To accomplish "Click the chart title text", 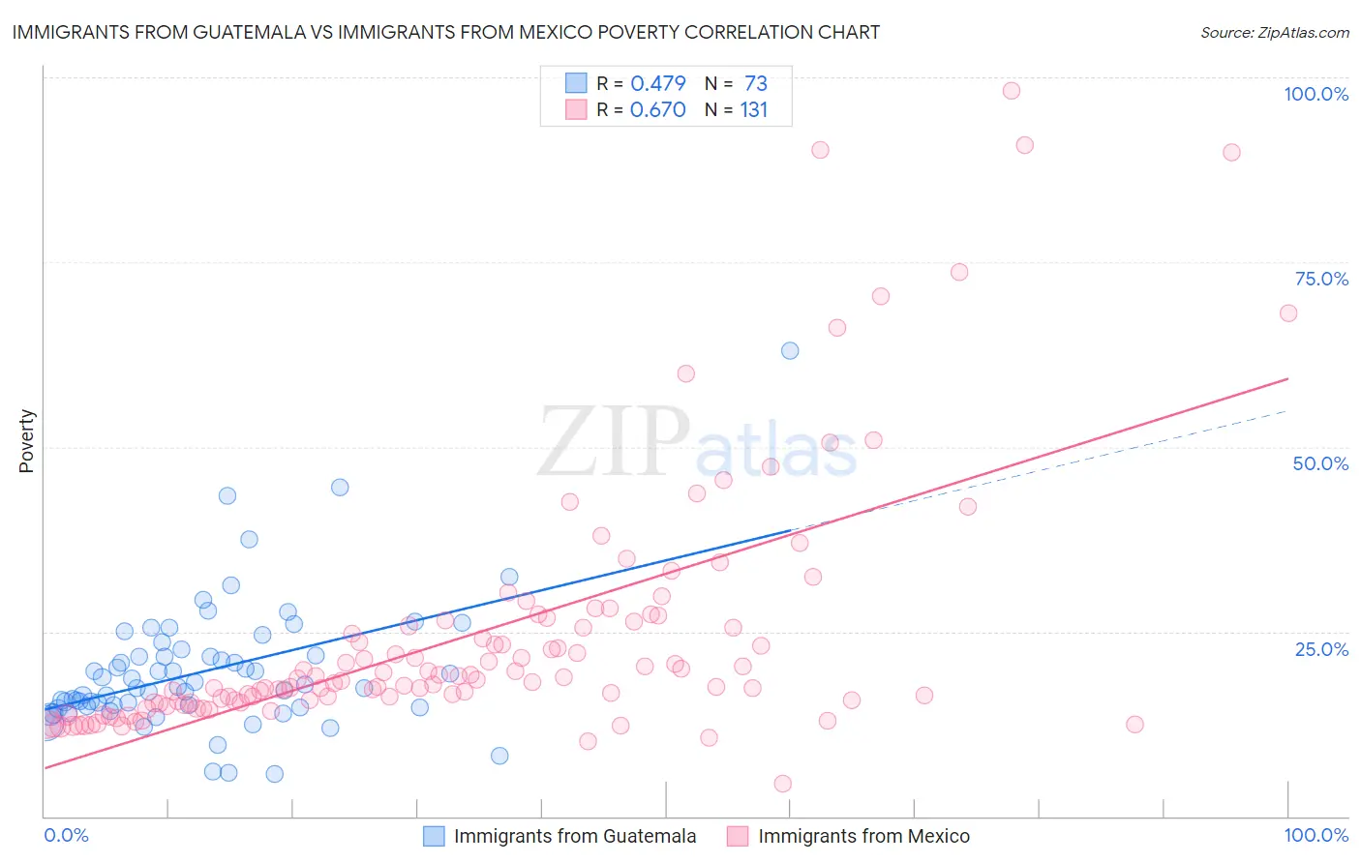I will (445, 32).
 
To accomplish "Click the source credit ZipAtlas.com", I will (1274, 32).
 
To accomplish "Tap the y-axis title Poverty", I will (26, 441).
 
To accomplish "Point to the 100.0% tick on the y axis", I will (1316, 94).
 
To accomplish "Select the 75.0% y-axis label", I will (1321, 279).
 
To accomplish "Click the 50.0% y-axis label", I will (1320, 463).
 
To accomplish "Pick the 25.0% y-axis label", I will (1321, 649).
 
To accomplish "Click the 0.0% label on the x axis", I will (66, 835).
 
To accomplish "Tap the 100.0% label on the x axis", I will (1316, 835).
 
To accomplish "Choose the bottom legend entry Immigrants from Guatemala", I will (574, 836).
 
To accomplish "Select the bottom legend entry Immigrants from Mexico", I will (863, 836).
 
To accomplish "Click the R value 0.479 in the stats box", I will (658, 83).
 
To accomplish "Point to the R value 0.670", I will (658, 109).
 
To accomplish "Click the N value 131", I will (753, 109).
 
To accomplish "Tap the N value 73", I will (755, 83).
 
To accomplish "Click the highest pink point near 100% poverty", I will (1012, 91).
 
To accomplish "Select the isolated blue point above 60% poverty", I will (790, 350).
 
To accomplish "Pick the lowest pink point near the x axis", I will (783, 784).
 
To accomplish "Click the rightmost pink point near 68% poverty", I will (1288, 312).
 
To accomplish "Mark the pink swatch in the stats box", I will (576, 109).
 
